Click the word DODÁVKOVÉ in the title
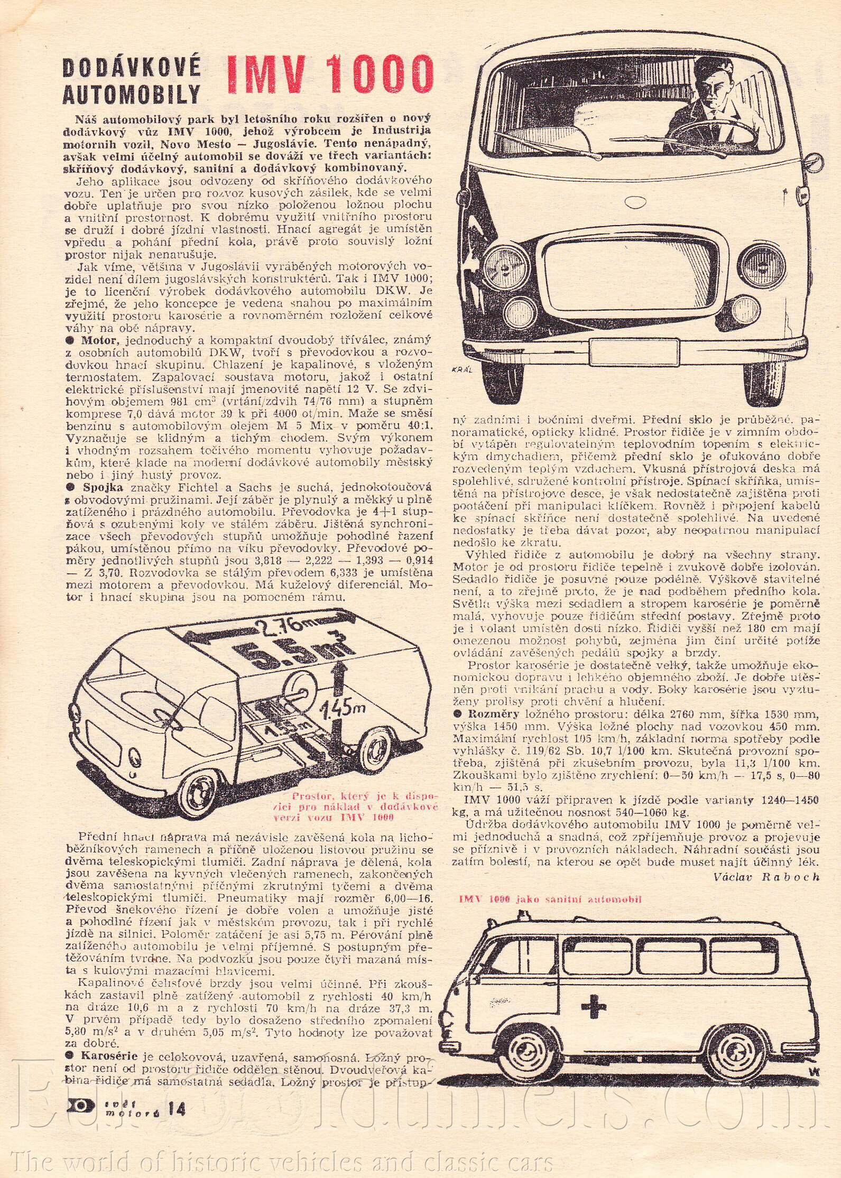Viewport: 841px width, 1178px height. tap(132, 69)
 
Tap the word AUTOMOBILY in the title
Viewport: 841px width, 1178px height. tap(132, 95)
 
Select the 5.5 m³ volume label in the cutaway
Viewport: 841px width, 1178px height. tap(282, 653)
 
